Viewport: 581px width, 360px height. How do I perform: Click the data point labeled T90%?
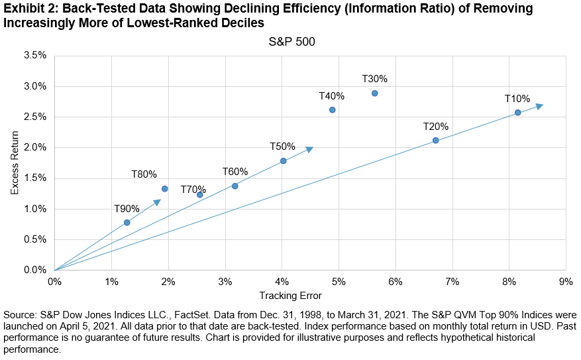(x=127, y=223)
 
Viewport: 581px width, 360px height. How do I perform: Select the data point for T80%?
(x=165, y=189)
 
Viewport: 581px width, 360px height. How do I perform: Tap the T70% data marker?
(x=200, y=194)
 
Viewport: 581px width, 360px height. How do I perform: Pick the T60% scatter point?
(x=235, y=186)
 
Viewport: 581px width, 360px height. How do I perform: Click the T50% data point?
(x=284, y=161)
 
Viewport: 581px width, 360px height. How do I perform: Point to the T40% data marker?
(x=333, y=110)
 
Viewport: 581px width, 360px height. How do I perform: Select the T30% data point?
(x=375, y=93)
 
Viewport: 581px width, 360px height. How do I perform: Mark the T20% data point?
(x=436, y=141)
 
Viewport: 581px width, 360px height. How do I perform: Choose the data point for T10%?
(x=518, y=113)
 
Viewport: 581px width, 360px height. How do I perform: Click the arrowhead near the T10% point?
(x=540, y=105)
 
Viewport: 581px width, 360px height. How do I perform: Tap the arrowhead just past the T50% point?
(x=309, y=149)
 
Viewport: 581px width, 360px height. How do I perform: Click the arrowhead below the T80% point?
(x=157, y=202)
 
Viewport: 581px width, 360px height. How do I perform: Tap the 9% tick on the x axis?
(x=566, y=281)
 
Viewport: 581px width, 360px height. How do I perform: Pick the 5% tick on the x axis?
(x=339, y=281)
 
